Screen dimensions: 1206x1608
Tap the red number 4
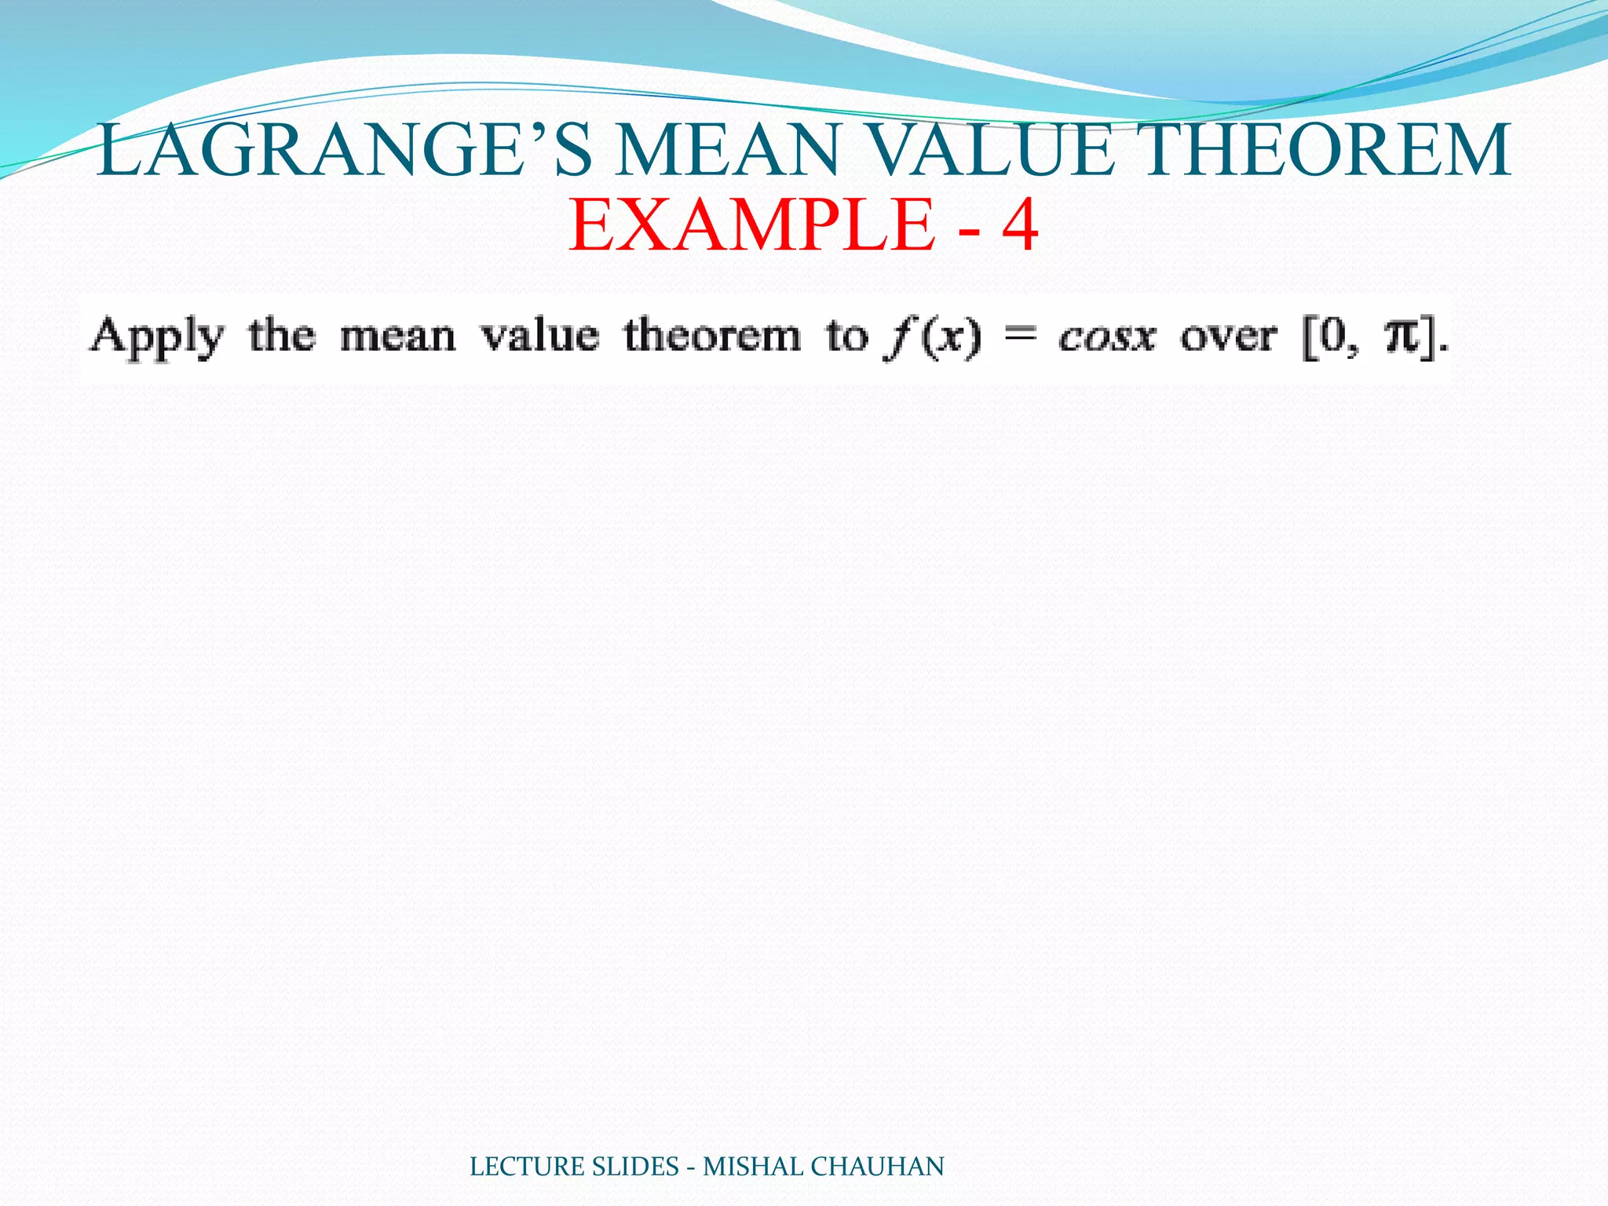click(1019, 226)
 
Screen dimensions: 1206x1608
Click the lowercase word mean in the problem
click(397, 338)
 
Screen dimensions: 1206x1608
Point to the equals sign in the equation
click(1020, 338)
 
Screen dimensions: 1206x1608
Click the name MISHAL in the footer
click(753, 1167)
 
